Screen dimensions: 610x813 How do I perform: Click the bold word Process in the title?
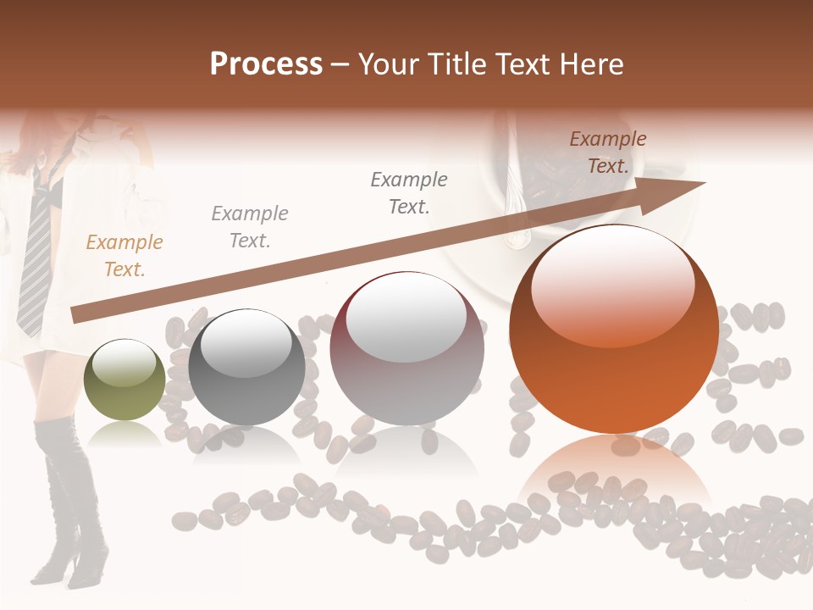pos(266,64)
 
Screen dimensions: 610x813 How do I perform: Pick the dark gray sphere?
pos(246,368)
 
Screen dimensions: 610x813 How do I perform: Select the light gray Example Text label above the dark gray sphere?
pos(250,227)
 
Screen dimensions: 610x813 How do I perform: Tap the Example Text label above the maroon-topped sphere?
pos(409,193)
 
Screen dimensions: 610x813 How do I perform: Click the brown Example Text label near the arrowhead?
pos(608,152)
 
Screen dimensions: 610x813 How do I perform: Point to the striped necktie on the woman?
pos(36,254)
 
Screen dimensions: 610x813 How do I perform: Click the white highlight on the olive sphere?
pos(124,363)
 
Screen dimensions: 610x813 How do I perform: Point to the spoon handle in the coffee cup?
pos(514,203)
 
